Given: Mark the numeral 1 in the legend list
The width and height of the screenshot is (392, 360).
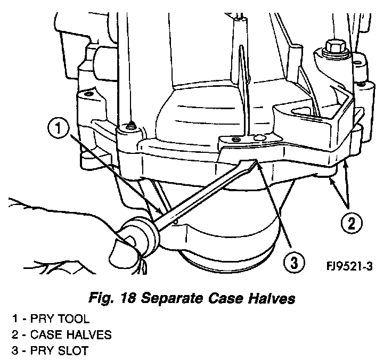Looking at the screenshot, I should (15, 320).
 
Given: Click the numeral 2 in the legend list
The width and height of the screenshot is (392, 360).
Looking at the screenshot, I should (15, 335).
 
